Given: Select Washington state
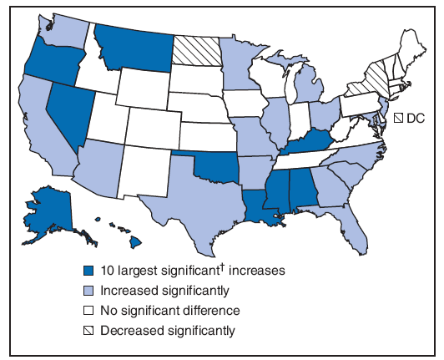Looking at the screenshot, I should [63, 29].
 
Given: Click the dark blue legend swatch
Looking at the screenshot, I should [88, 271].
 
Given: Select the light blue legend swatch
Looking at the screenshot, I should [88, 290].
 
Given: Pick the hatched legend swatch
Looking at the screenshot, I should [88, 330].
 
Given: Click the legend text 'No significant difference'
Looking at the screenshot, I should [170, 310].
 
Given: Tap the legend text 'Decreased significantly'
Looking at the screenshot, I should [168, 330].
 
